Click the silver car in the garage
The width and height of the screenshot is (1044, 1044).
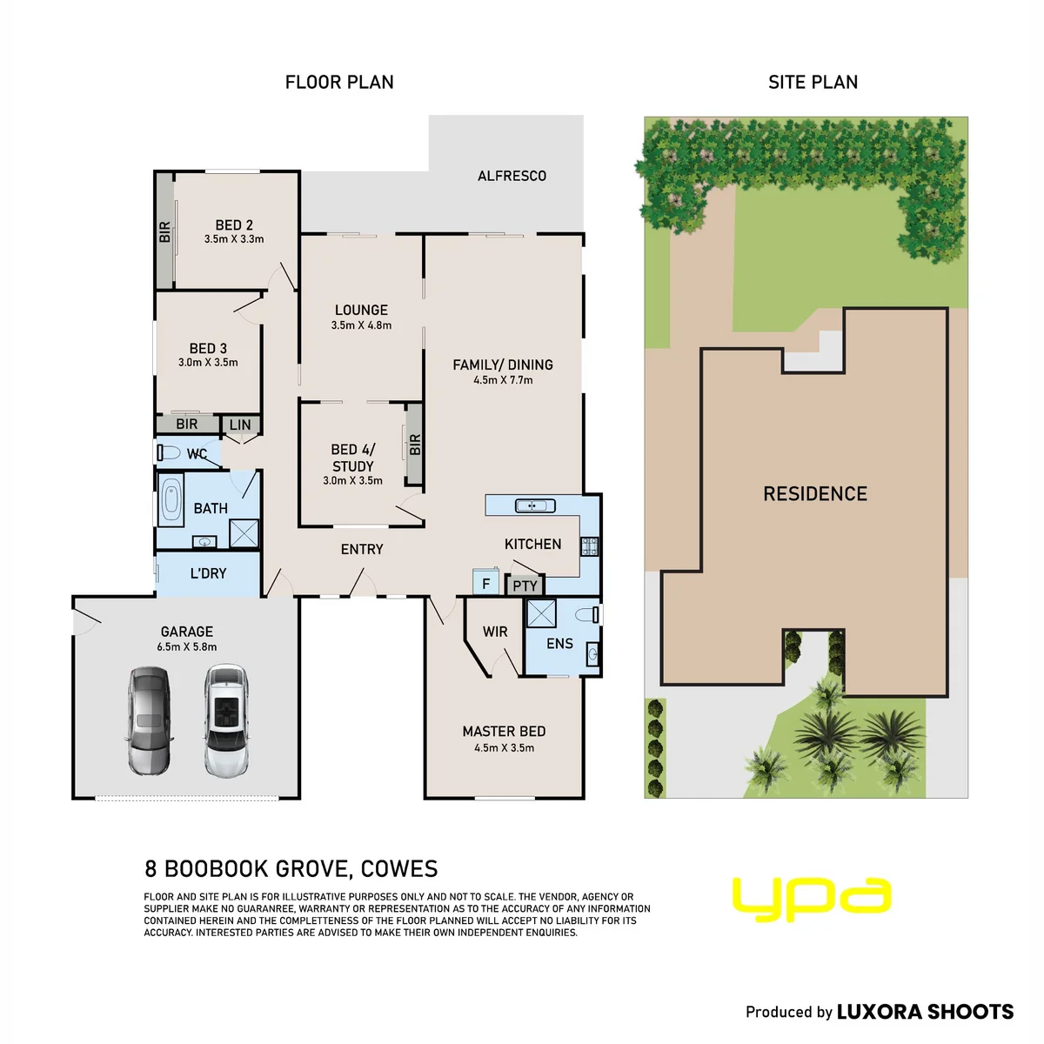pyautogui.click(x=149, y=720)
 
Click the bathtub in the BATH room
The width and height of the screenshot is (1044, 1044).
pyautogui.click(x=171, y=499)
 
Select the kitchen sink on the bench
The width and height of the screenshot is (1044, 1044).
pyautogui.click(x=535, y=505)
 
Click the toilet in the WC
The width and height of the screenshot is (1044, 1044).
pyautogui.click(x=169, y=452)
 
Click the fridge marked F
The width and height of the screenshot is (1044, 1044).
pyautogui.click(x=485, y=582)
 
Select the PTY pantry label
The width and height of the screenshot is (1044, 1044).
pyautogui.click(x=525, y=586)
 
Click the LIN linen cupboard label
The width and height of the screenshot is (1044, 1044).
pyautogui.click(x=240, y=425)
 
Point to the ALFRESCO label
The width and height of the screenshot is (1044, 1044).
pyautogui.click(x=512, y=176)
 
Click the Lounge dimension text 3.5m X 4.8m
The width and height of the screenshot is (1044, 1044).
pyautogui.click(x=361, y=325)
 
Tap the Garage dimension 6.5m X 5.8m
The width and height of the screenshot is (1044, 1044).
pyautogui.click(x=187, y=646)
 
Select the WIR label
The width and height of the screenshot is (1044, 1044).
pyautogui.click(x=495, y=632)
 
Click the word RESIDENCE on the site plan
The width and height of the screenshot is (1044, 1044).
pyautogui.click(x=815, y=493)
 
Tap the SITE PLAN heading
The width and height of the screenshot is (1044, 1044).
pyautogui.click(x=813, y=83)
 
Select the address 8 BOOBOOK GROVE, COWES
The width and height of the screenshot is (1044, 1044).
pyautogui.click(x=291, y=868)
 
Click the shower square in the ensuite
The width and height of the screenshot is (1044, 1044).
pyautogui.click(x=541, y=614)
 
